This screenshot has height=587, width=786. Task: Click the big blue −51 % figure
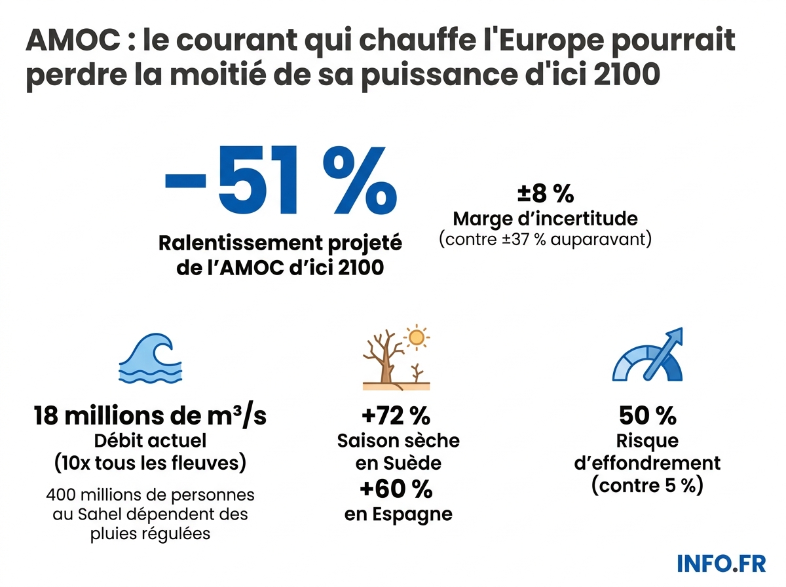pos(280,182)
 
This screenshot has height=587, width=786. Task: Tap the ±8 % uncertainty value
pos(545,194)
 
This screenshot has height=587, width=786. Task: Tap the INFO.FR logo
pos(721,563)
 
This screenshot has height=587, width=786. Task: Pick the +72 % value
pos(395,416)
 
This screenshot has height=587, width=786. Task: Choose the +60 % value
pos(396,489)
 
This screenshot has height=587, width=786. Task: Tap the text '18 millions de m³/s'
pos(150,416)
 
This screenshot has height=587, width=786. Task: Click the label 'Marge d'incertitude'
pos(545,218)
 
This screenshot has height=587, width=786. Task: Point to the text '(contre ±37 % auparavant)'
pos(545,239)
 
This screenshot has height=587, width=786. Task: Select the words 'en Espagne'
pos(398,514)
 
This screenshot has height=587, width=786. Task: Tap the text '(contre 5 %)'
pos(647,486)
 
